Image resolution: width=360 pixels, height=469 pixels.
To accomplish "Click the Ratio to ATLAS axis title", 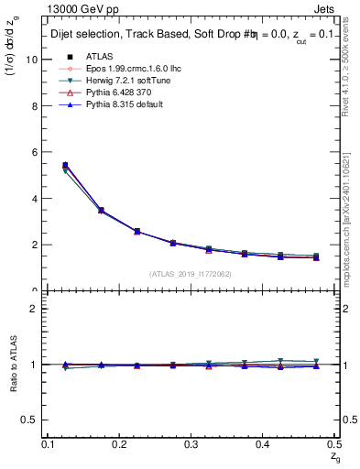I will (x=13, y=365).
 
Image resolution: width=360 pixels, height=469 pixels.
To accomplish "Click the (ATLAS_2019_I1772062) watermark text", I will (x=191, y=273).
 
